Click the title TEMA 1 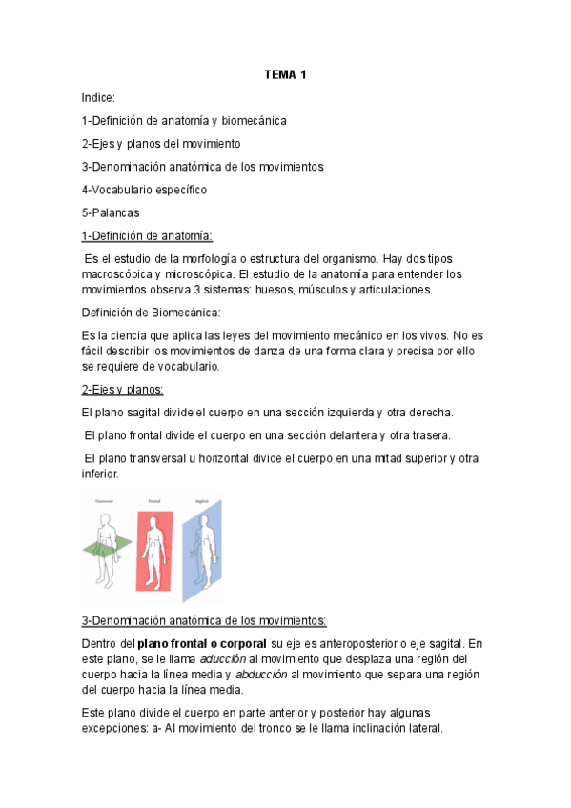pyautogui.click(x=285, y=75)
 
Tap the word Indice pyautogui.click(x=98, y=98)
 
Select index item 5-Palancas pyautogui.click(x=111, y=212)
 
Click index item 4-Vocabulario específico pyautogui.click(x=144, y=190)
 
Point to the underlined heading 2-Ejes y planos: pyautogui.click(x=122, y=390)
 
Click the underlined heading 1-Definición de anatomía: pyautogui.click(x=147, y=235)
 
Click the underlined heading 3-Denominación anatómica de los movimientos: pyautogui.click(x=204, y=621)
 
